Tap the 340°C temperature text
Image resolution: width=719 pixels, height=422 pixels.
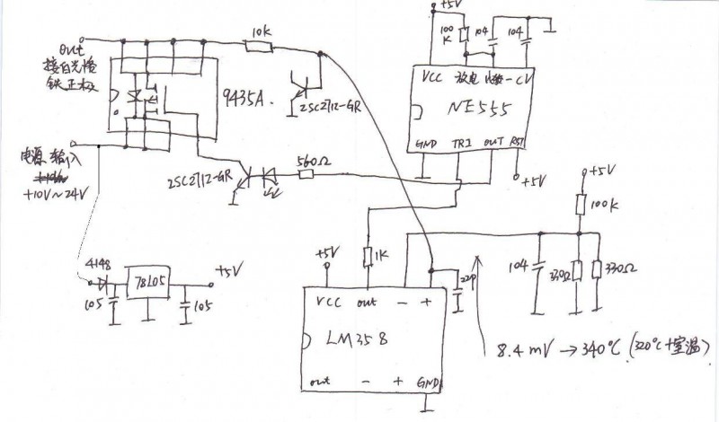click(x=587, y=346)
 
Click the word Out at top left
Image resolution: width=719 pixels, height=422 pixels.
click(x=71, y=47)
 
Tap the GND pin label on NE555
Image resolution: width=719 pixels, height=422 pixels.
click(x=427, y=144)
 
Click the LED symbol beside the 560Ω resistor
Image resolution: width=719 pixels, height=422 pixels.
click(x=268, y=177)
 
